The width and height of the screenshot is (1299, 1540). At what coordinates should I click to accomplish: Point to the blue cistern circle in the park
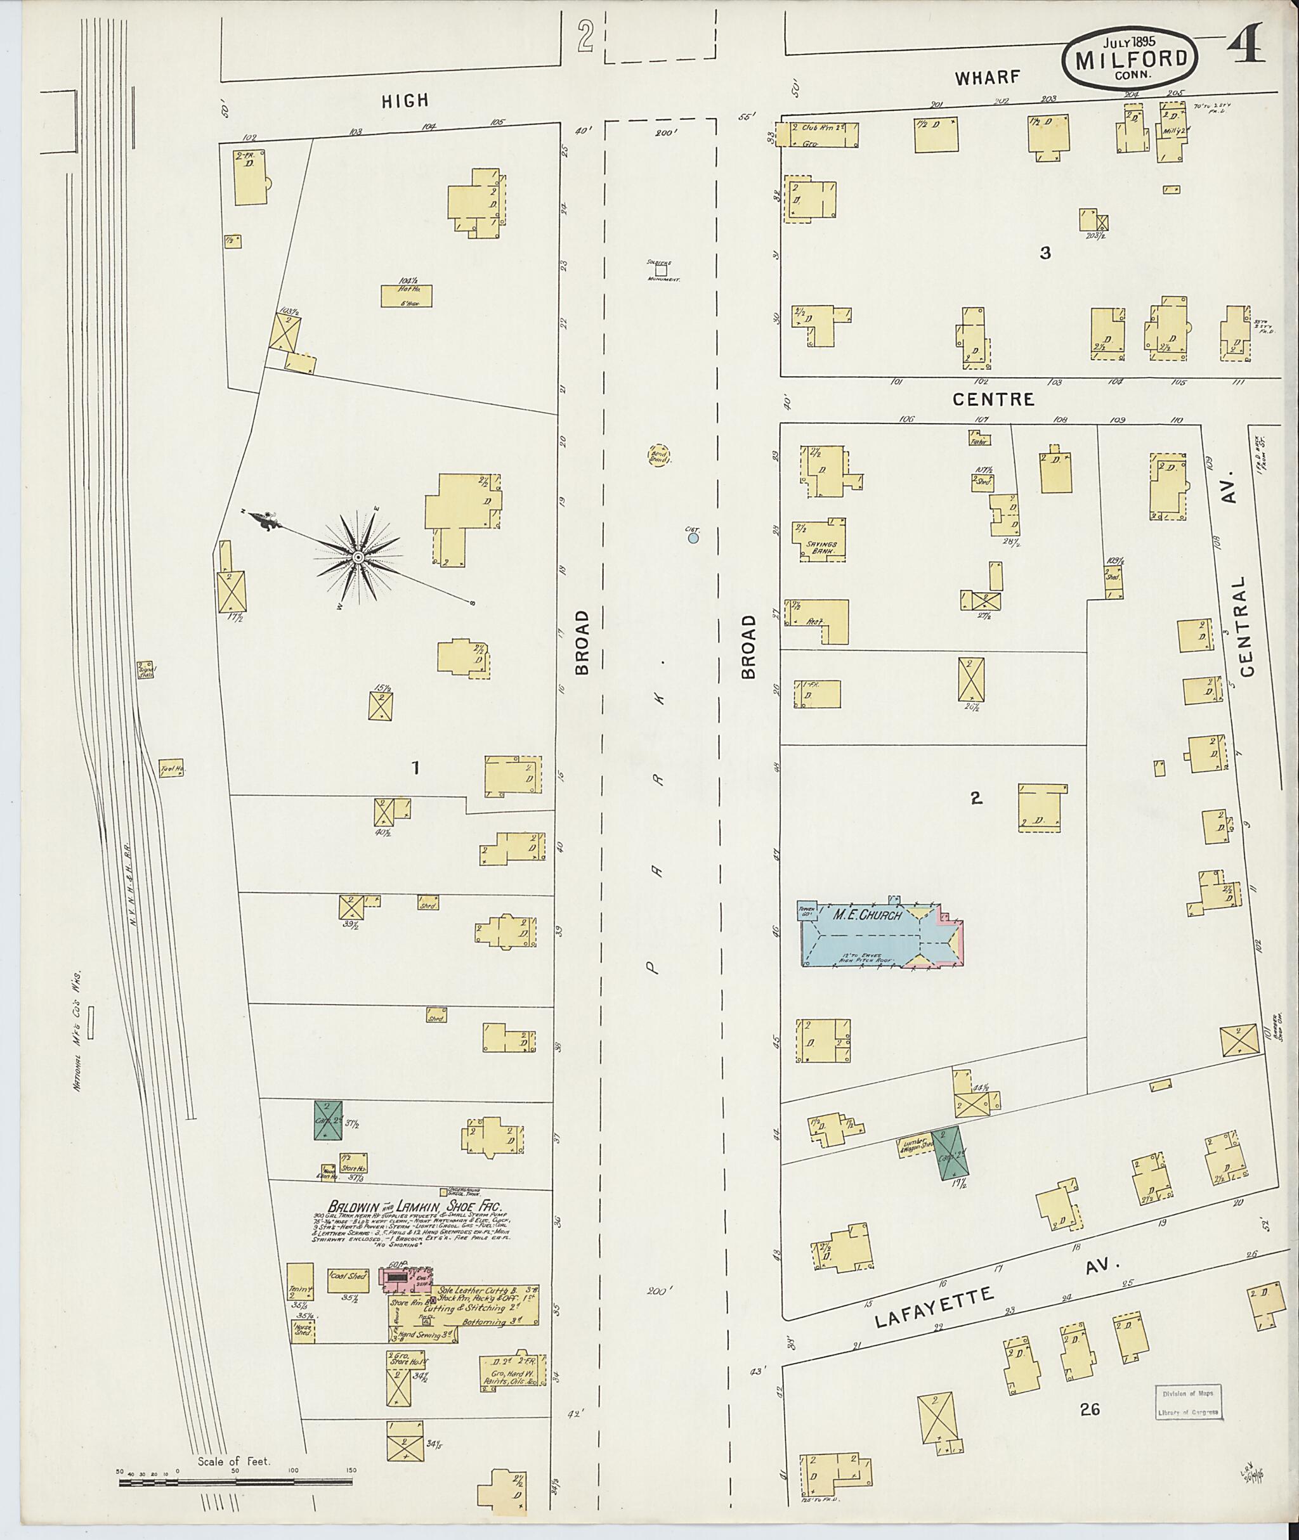point(693,538)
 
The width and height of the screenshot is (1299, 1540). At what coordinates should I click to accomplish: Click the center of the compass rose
point(357,557)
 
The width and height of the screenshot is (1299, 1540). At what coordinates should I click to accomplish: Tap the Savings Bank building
point(819,541)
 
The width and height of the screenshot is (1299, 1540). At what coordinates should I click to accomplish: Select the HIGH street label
point(405,101)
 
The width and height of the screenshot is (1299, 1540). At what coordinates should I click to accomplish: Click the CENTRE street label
point(993,399)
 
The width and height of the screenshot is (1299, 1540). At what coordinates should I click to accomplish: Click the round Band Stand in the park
point(658,454)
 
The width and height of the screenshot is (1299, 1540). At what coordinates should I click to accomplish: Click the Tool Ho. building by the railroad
point(171,770)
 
